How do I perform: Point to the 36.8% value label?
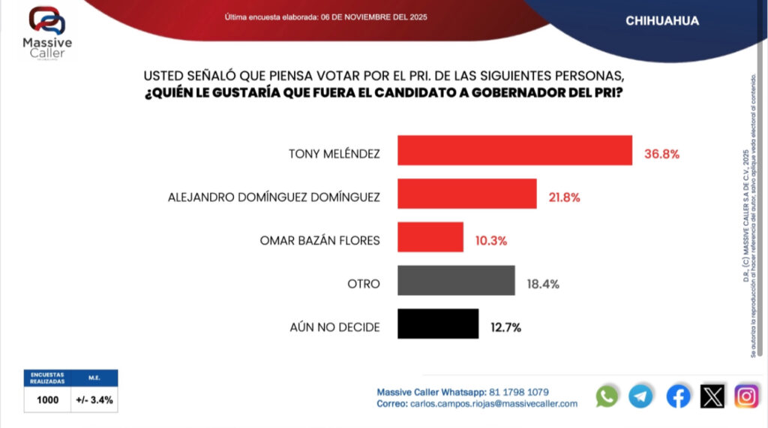coord(661,154)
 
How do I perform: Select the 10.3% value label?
coord(490,241)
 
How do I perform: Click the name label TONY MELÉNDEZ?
coord(334,154)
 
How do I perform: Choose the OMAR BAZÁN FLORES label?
coord(319,241)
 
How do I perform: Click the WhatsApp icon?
coord(607,396)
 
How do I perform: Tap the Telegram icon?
coord(640,396)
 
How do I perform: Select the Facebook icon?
coord(678,396)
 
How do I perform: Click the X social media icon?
coord(712,396)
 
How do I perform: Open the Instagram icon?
coord(746,396)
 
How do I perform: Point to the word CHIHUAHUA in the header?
coord(662,21)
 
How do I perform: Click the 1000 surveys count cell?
coord(47,400)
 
